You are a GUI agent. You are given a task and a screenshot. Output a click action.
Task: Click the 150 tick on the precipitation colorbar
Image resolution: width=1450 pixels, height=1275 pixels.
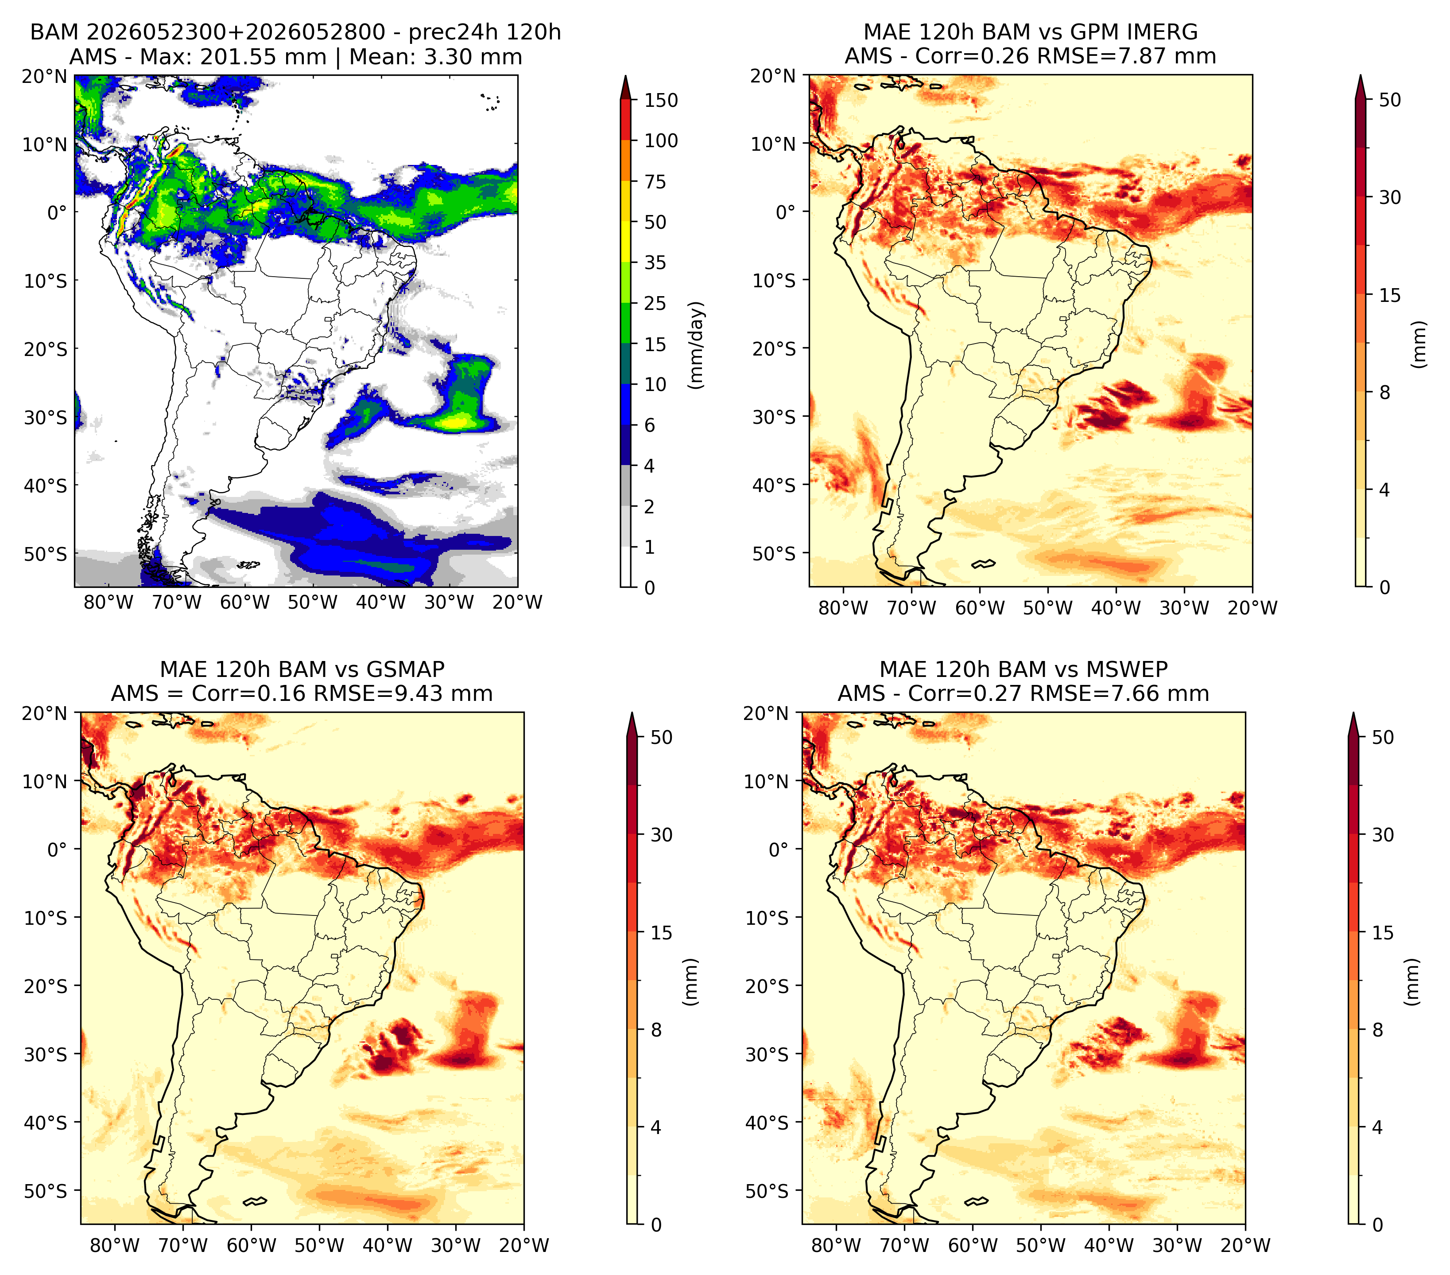click(660, 100)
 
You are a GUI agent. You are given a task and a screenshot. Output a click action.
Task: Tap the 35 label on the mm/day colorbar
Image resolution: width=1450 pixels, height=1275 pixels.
click(655, 262)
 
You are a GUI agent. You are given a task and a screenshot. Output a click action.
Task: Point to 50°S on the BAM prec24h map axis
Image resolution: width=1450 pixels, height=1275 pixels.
click(46, 554)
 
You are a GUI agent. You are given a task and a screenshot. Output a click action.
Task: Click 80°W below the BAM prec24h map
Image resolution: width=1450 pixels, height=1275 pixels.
click(109, 602)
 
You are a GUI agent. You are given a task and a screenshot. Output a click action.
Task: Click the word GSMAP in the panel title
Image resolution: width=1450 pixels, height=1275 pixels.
click(406, 669)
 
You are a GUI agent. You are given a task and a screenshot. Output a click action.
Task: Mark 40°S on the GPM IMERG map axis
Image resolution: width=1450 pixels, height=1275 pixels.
click(774, 485)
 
